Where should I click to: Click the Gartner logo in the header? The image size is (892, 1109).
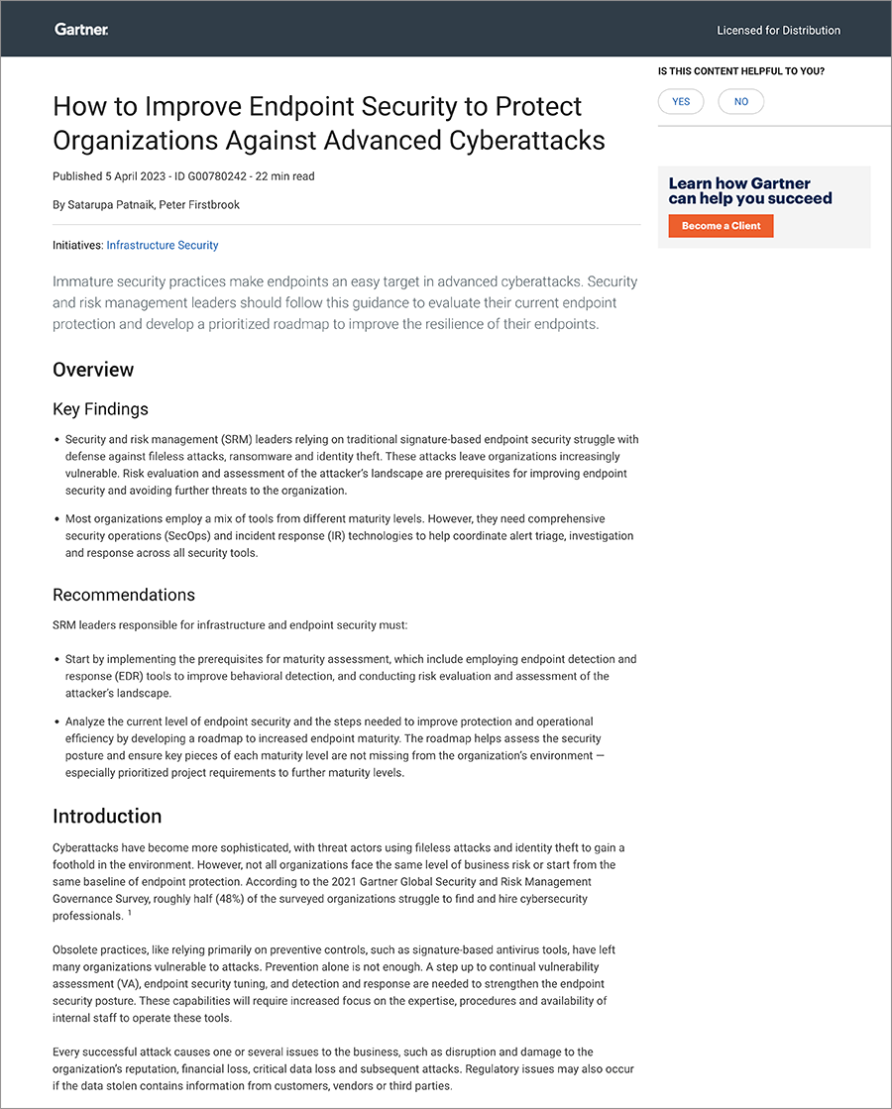point(81,30)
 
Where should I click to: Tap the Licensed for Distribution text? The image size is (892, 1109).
point(778,31)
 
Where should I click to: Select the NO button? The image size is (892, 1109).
point(741,102)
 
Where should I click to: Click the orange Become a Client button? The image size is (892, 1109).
point(721,226)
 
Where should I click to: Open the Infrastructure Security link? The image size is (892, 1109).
point(163,245)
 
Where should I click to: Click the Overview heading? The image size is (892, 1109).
point(93,370)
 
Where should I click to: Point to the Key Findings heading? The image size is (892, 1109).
point(100,409)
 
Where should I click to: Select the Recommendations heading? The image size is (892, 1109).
point(124,595)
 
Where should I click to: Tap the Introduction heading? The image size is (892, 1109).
point(107,817)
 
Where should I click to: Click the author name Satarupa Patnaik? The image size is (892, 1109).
point(109,205)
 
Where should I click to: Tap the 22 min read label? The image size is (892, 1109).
point(284,176)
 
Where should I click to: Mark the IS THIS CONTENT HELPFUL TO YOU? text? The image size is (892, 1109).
point(741,71)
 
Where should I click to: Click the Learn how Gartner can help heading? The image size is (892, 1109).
point(749,190)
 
